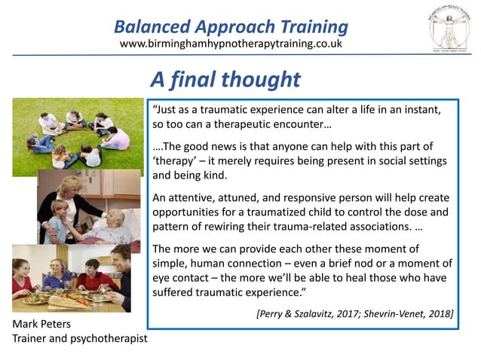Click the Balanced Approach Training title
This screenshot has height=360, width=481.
click(x=231, y=27)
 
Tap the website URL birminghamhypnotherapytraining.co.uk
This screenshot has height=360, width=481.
click(x=231, y=44)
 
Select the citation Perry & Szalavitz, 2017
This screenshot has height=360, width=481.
click(x=303, y=313)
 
